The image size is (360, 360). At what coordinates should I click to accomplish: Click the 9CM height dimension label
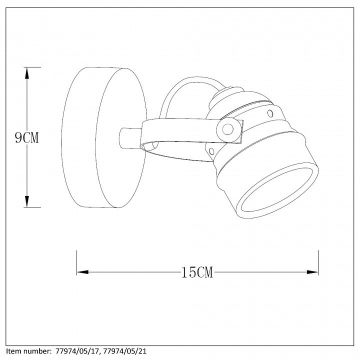(x=27, y=138)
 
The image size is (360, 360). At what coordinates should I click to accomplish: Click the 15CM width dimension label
(x=197, y=272)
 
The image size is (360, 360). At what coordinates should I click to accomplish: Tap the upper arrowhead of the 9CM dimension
(x=27, y=73)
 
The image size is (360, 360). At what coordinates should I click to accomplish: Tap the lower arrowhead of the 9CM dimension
(x=27, y=201)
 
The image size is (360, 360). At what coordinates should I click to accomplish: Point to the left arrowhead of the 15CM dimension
(x=82, y=272)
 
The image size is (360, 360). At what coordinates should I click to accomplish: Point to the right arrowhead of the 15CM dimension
(x=312, y=272)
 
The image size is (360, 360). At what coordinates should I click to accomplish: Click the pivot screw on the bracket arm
(x=228, y=129)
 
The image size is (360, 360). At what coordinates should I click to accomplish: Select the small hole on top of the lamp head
(x=270, y=113)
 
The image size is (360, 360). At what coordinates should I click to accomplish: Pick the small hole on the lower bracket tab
(x=211, y=151)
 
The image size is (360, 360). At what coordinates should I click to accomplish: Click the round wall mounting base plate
(x=104, y=137)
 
